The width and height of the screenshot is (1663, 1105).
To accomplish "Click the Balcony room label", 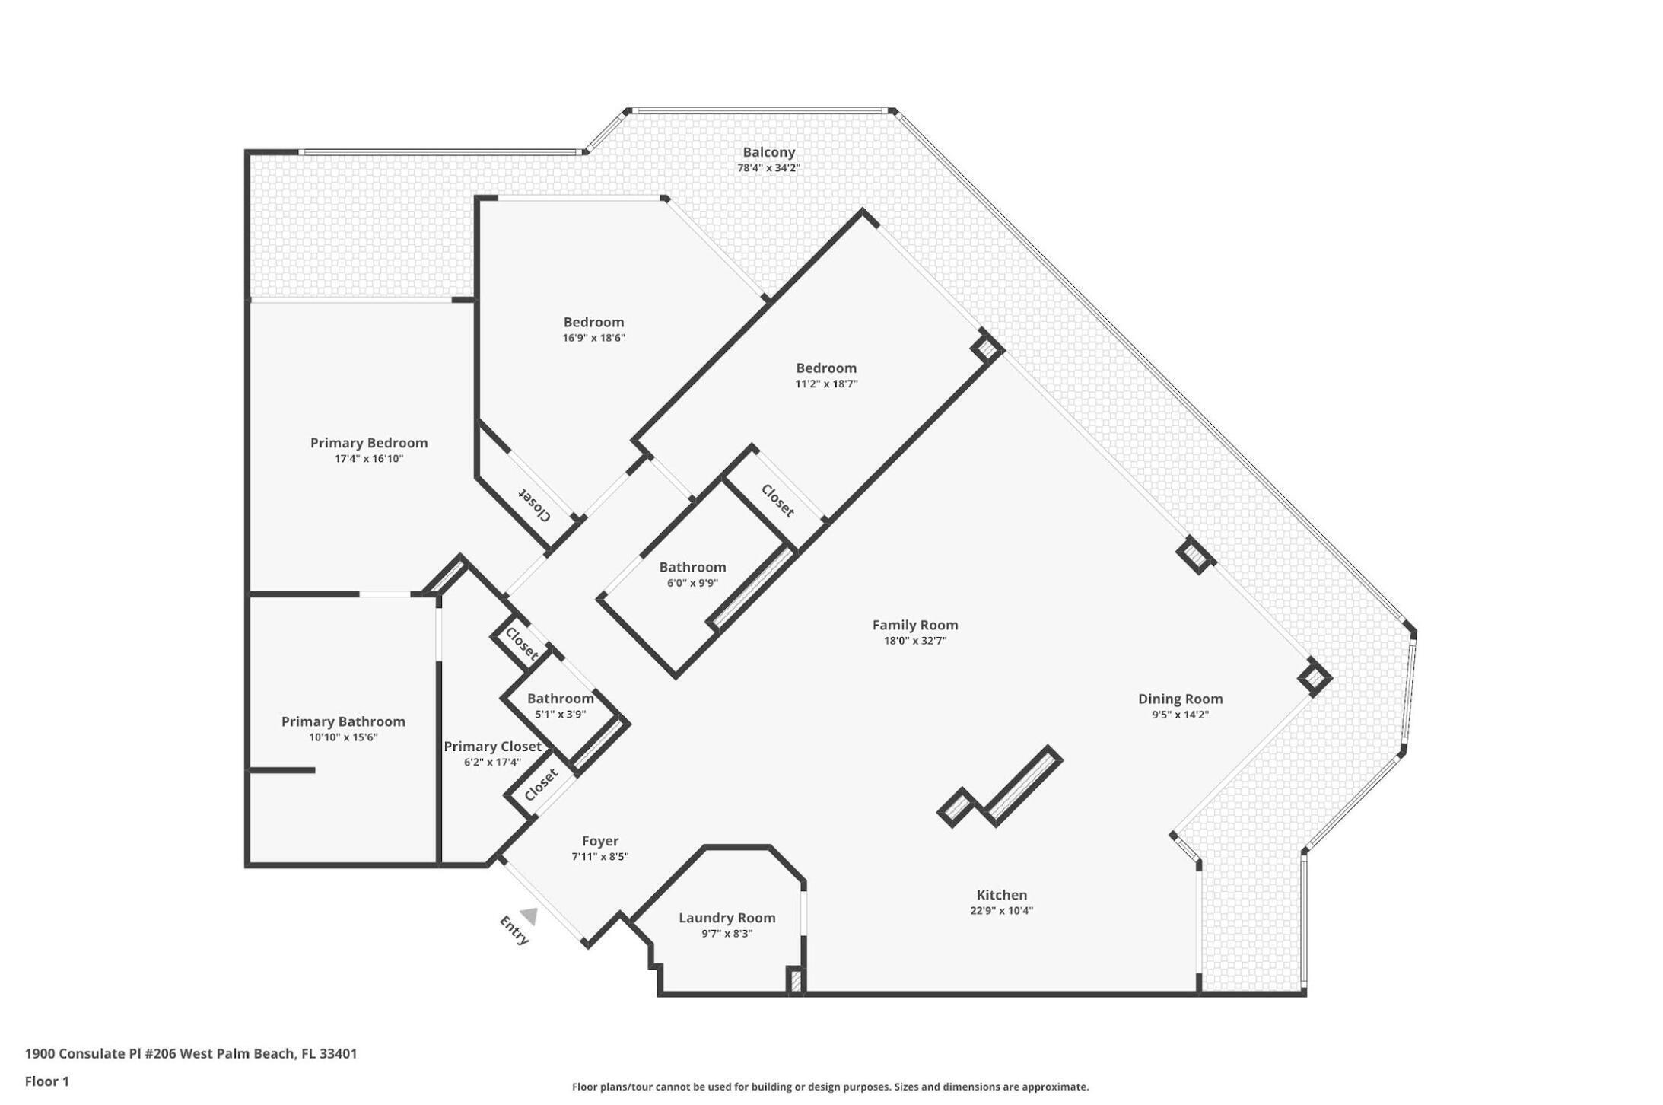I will click(x=768, y=152).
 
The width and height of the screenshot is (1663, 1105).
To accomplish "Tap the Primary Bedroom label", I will click(x=369, y=443).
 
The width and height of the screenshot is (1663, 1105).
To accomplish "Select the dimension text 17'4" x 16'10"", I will click(x=369, y=459).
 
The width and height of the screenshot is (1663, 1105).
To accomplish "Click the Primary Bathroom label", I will click(x=343, y=721).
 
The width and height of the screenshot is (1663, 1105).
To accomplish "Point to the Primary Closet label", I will click(x=492, y=747).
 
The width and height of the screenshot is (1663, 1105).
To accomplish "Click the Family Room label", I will click(x=914, y=625).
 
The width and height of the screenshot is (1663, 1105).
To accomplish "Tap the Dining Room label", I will click(x=1180, y=699).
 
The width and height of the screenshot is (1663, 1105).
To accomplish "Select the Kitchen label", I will click(x=1001, y=895).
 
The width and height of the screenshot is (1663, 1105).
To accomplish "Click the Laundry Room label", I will click(x=727, y=918).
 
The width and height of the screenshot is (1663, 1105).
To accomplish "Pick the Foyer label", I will click(x=599, y=841).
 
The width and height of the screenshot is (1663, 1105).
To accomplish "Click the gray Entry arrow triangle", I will click(x=529, y=916).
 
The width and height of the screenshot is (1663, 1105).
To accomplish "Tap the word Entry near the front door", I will click(x=514, y=931).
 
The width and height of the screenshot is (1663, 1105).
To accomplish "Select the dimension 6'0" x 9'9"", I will click(x=692, y=584).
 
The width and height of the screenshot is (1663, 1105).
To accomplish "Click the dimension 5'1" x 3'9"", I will click(x=560, y=715).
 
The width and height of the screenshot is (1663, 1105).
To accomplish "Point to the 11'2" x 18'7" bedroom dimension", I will click(x=826, y=384).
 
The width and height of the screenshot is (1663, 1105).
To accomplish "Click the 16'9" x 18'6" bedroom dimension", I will click(x=593, y=338).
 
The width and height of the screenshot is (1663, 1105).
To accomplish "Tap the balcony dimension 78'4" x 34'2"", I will click(x=768, y=168).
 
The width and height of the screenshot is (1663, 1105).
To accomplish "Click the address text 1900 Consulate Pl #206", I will click(x=107, y=1054).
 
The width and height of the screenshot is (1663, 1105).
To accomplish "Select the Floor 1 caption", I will click(x=47, y=1081).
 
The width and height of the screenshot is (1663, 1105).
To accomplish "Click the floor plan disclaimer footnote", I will click(x=830, y=1087).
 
